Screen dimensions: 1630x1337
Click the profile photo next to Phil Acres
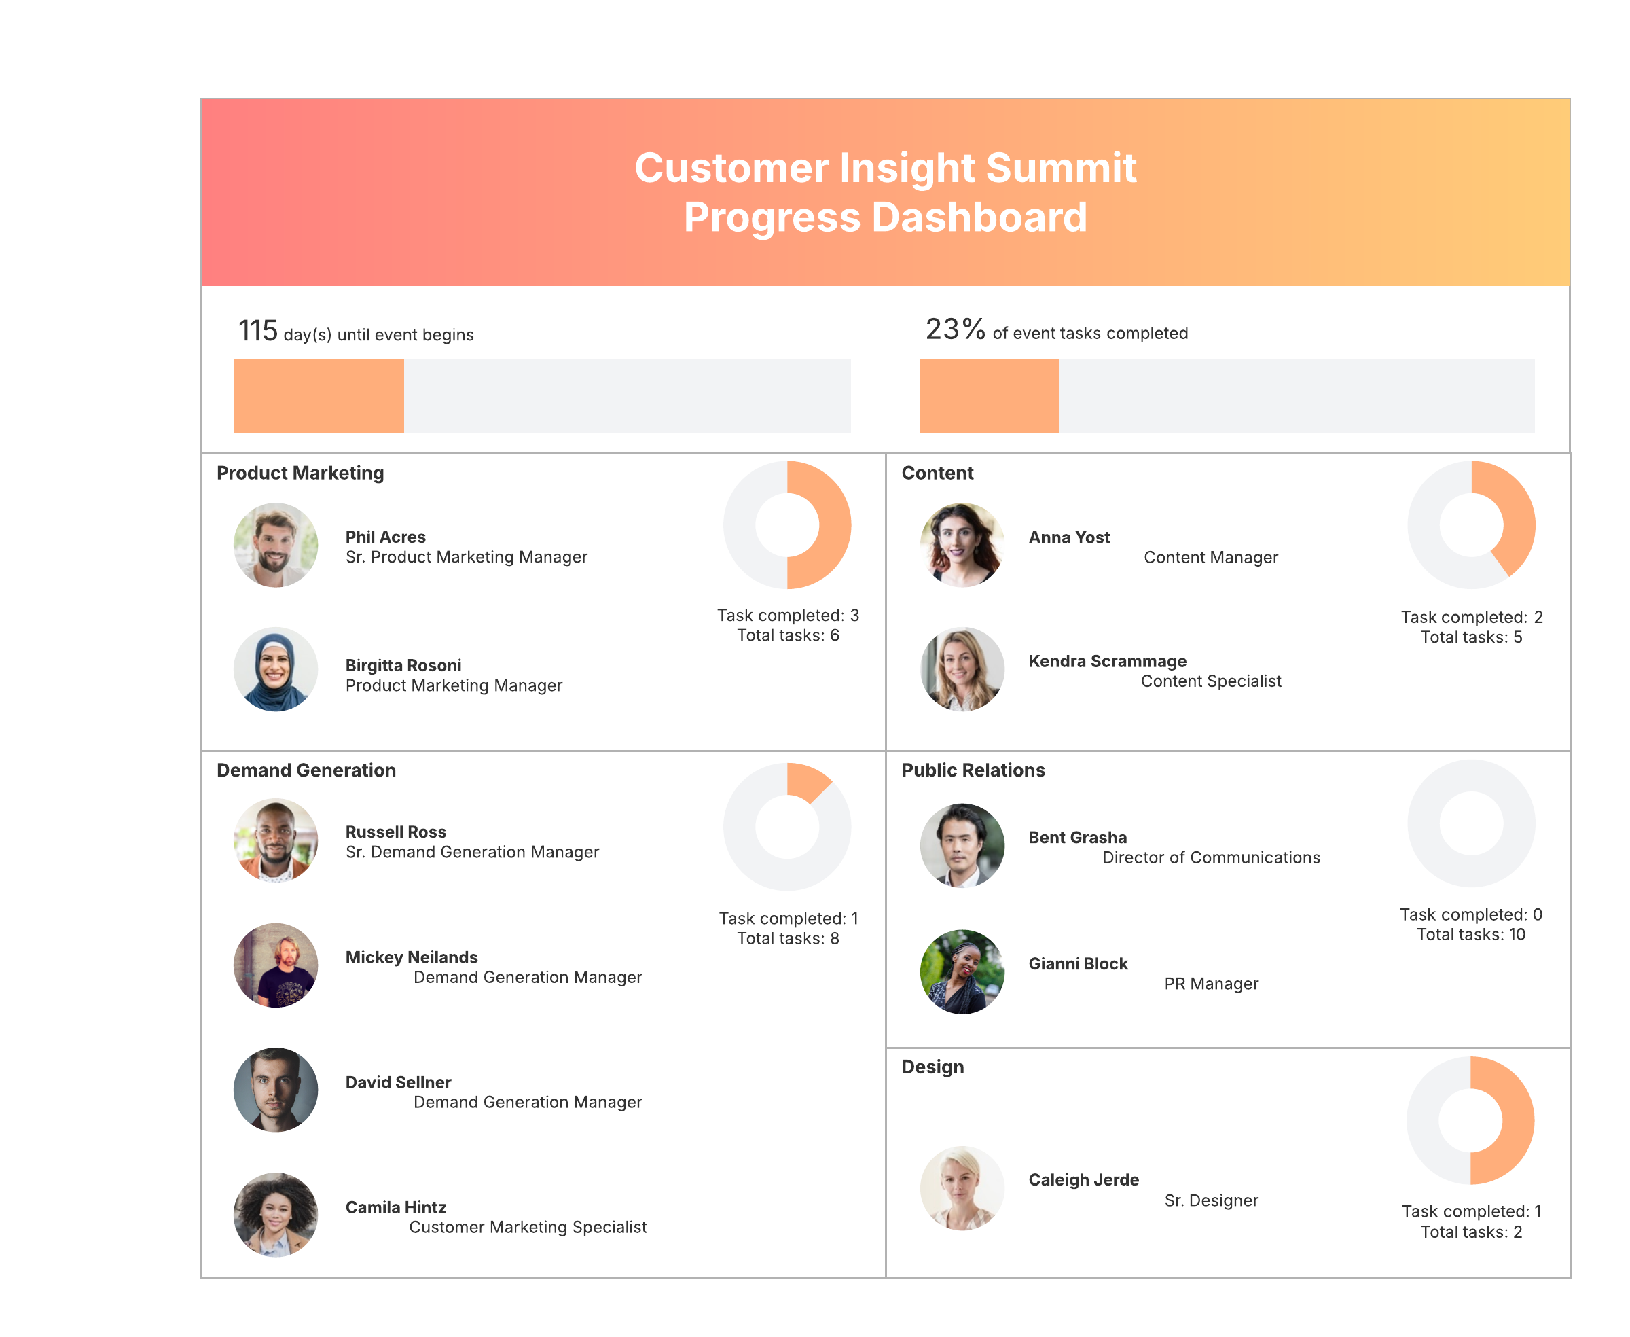coord(276,546)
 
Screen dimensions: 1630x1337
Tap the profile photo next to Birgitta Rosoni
coord(276,669)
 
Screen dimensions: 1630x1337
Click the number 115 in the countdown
coord(258,331)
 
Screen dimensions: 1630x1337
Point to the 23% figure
coord(956,329)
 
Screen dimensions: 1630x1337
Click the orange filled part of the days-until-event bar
coord(319,396)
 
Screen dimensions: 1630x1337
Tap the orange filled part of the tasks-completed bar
coord(990,396)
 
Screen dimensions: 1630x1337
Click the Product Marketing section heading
coord(300,473)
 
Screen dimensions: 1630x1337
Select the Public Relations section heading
coord(973,770)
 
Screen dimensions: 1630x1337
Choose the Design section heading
coord(932,1067)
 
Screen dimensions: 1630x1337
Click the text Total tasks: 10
coord(1470,935)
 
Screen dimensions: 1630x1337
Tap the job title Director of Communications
coord(1211,858)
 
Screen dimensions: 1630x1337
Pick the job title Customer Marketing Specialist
coord(528,1228)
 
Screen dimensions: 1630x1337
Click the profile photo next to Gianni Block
coord(962,972)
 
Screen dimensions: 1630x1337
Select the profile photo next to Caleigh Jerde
coord(962,1188)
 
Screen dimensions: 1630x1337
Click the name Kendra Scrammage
coord(1107,662)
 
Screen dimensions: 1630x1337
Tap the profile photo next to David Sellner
coord(276,1090)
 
